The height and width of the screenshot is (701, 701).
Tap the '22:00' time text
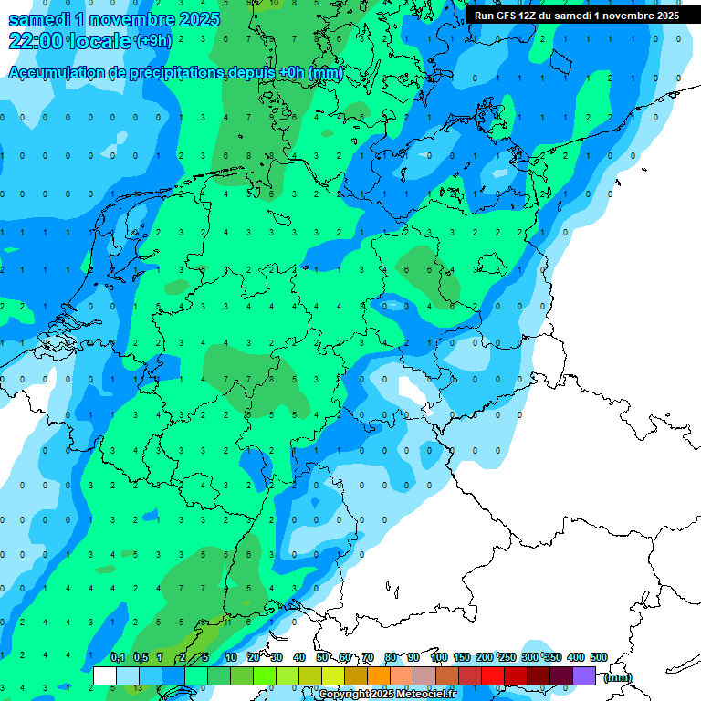point(37,41)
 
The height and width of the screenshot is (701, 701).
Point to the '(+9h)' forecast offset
point(153,41)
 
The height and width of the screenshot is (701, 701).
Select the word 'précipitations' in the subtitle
point(173,73)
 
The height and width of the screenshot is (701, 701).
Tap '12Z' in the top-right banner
point(530,16)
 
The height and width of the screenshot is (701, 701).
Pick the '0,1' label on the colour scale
point(118,657)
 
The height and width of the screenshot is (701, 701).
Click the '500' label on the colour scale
point(599,657)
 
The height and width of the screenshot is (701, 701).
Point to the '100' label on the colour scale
point(439,657)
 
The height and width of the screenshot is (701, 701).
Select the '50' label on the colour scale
point(322,657)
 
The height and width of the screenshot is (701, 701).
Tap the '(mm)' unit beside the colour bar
point(618,677)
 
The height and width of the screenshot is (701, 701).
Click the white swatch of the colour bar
point(105,675)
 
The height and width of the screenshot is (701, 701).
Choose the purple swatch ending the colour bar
point(584,675)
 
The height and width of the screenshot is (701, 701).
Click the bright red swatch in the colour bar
point(493,675)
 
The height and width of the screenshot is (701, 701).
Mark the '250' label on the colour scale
point(507,657)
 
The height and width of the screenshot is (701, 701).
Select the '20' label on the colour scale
point(254,657)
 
